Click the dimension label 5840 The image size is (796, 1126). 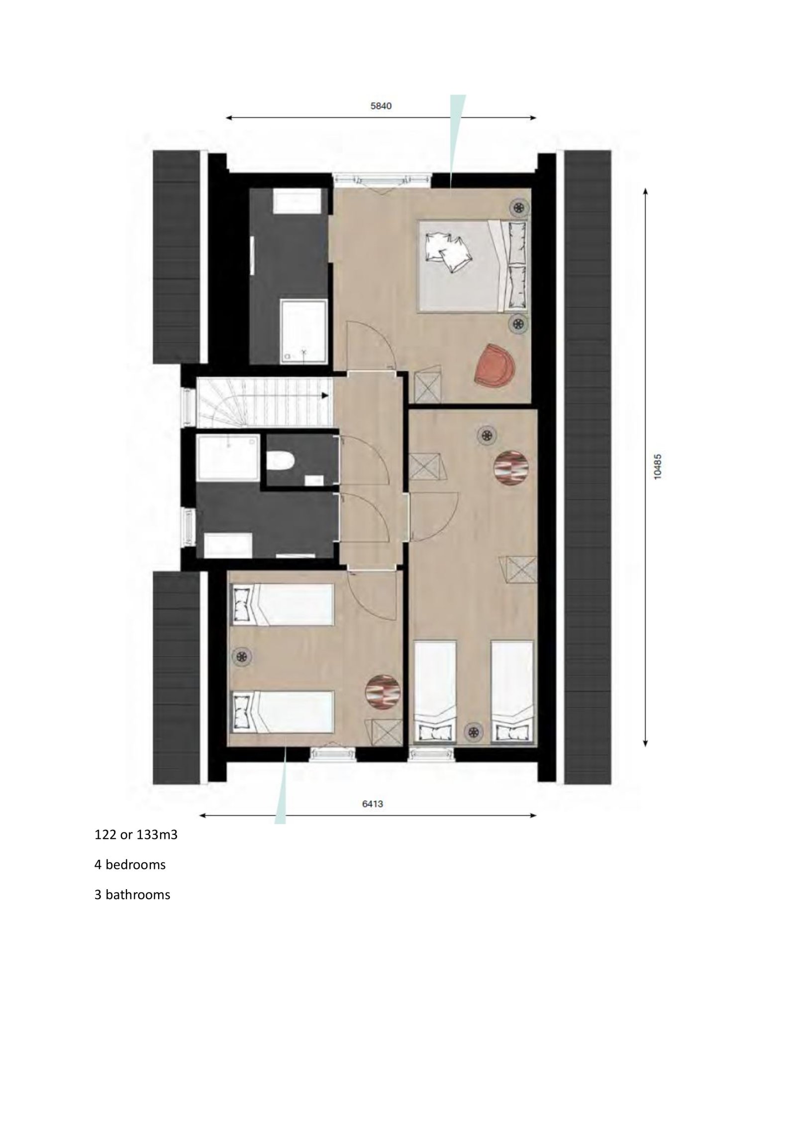(381, 106)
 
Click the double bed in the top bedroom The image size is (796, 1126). (473, 266)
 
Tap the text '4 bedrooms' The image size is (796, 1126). (130, 864)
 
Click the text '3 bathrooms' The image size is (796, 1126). (132, 895)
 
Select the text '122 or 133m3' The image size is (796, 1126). (136, 834)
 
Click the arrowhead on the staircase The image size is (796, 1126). (325, 396)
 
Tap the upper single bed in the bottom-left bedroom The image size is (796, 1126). (282, 605)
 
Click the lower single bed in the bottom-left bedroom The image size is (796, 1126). (282, 712)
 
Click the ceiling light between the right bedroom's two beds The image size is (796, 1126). (474, 731)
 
